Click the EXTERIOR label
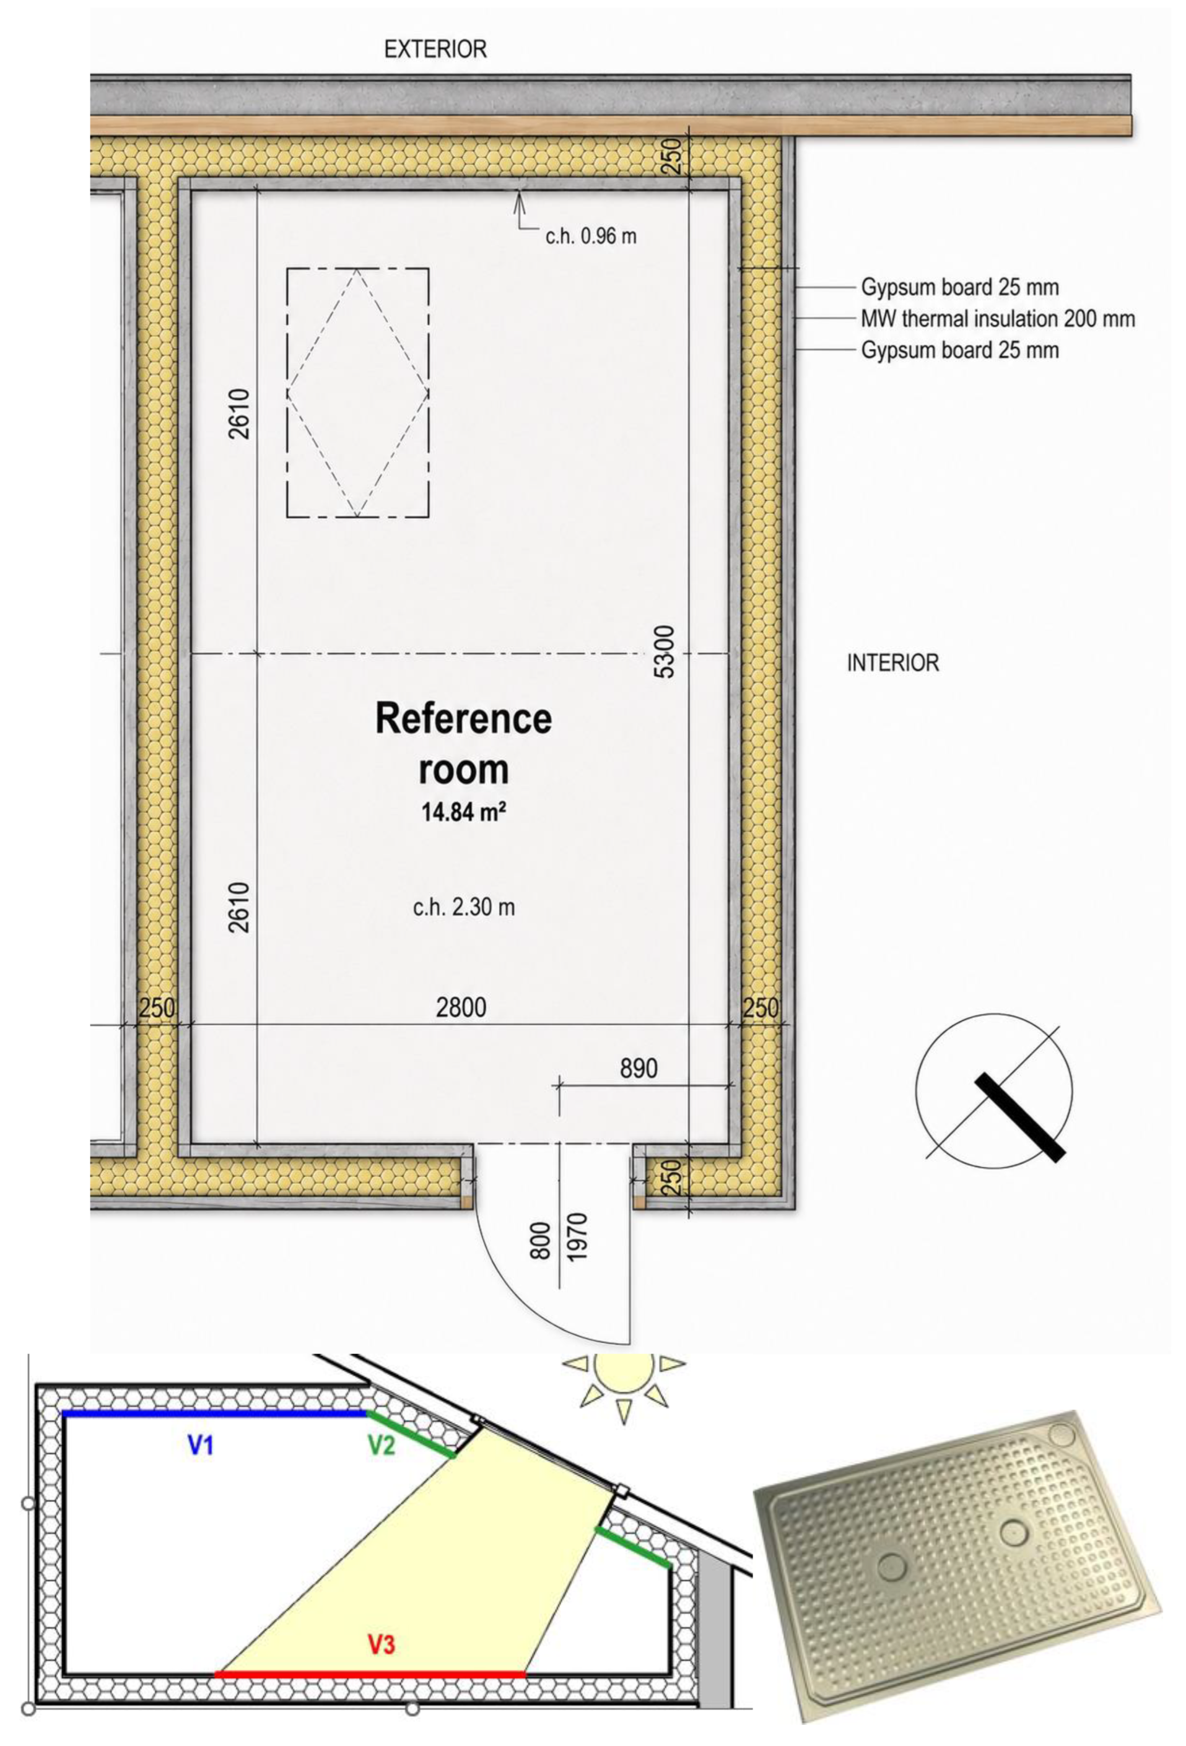435,50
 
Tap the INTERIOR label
893,662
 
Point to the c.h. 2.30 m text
464,907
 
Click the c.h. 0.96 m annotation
591,236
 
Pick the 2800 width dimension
461,1007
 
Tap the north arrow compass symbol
993,1091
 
